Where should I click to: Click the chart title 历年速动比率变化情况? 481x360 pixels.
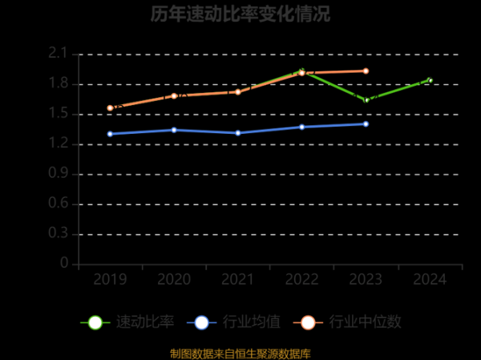coord(240,14)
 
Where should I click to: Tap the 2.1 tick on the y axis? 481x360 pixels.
coord(59,54)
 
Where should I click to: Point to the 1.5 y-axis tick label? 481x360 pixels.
coord(59,114)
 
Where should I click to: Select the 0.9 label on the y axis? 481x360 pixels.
coord(59,174)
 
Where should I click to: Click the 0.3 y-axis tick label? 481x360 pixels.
coord(59,234)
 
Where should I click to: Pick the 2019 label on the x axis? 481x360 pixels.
coord(110,279)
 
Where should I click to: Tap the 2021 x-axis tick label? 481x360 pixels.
coord(238,279)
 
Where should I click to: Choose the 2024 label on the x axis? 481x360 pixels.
coord(430,279)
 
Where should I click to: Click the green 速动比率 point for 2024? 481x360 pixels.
coord(430,80)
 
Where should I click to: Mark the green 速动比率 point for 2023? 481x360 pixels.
coord(366,100)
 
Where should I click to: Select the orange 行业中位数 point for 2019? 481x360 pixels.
coord(110,107)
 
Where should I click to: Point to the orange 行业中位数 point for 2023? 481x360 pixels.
coord(366,71)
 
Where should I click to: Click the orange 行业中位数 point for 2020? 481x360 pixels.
coord(174,95)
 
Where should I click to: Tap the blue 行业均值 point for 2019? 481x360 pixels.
coord(110,134)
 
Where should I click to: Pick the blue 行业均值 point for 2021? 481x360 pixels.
coord(238,132)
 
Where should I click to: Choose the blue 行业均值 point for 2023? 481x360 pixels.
coord(366,123)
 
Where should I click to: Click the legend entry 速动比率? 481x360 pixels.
coord(127,322)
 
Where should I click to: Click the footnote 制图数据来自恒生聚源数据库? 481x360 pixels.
coord(240,353)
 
